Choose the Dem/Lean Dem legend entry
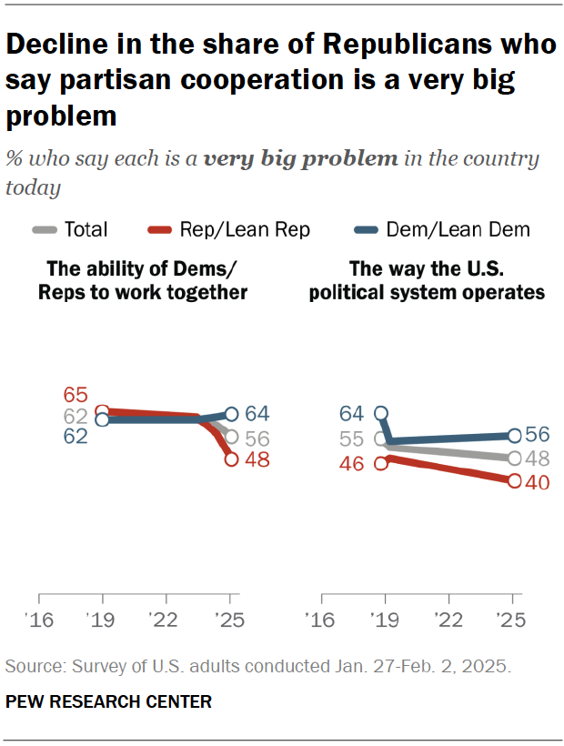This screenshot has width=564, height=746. [447, 229]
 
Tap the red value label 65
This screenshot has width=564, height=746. [76, 395]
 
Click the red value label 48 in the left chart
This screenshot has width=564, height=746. [257, 460]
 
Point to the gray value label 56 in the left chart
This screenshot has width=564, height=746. [257, 439]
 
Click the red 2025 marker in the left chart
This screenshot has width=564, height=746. [231, 459]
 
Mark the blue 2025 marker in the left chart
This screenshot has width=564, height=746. [231, 414]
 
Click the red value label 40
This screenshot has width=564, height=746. [538, 483]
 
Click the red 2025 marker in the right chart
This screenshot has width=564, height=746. [513, 481]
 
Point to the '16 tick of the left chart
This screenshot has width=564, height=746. [39, 620]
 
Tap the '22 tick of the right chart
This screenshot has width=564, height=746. [448, 620]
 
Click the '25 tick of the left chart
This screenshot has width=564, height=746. [231, 620]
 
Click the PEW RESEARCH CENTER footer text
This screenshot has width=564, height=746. [108, 701]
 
